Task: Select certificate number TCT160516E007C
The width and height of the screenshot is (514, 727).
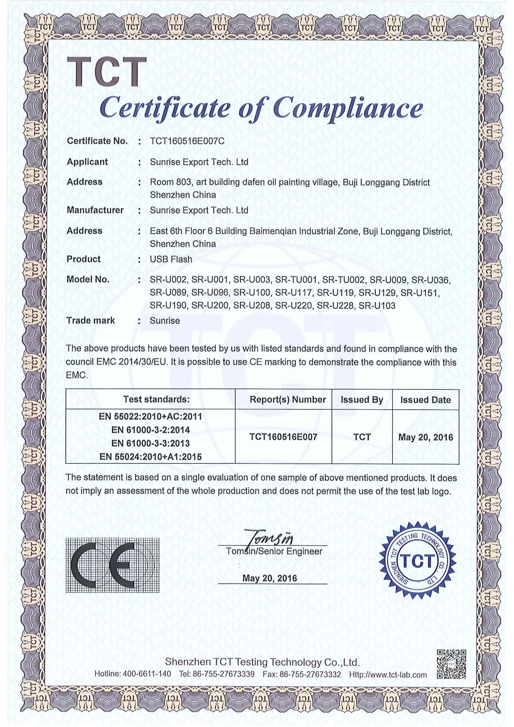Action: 187,141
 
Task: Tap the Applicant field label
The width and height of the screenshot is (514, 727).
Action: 87,162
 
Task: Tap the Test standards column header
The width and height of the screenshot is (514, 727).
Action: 156,399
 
